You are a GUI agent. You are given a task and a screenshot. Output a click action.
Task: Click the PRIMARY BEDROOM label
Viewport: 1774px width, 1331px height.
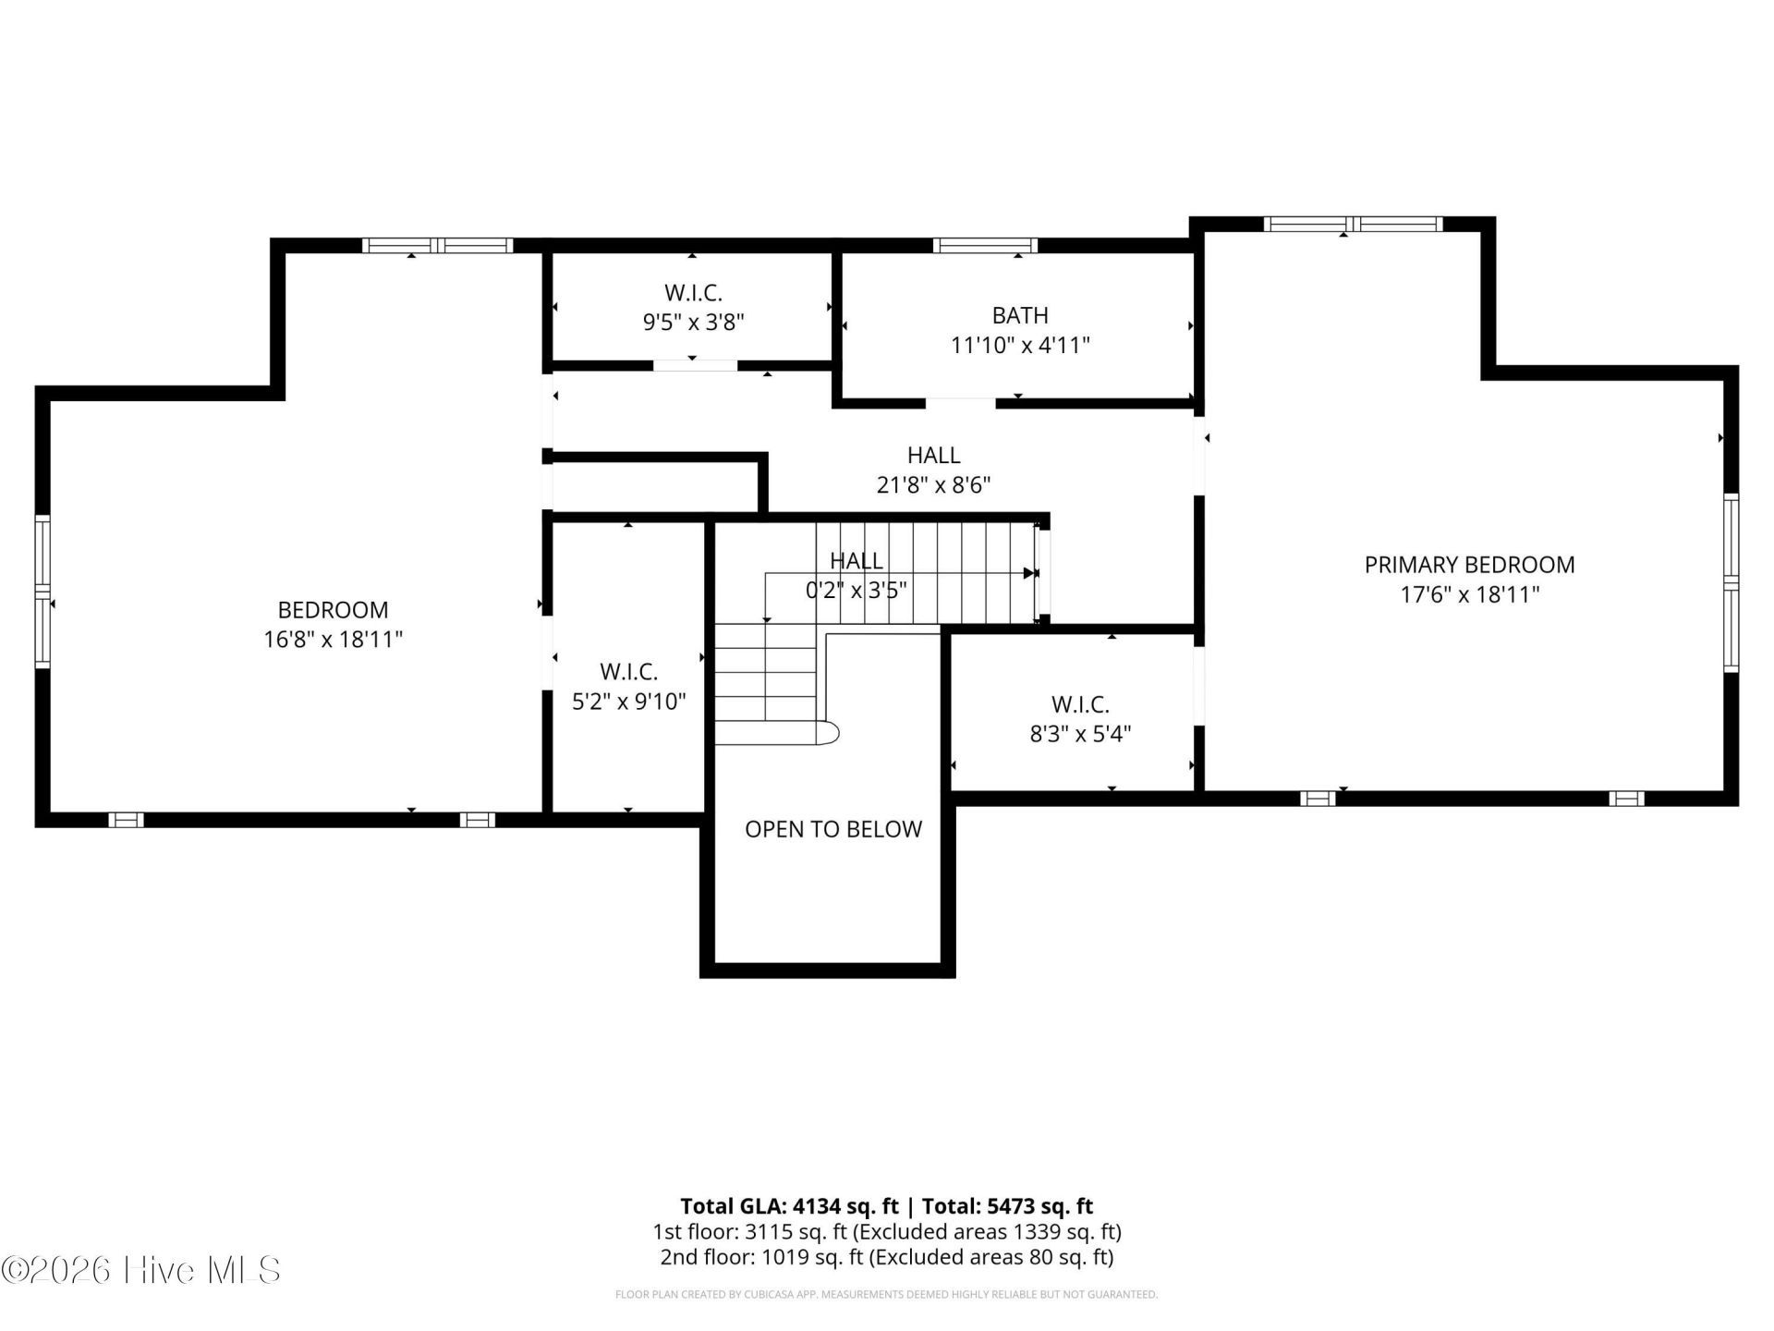pos(1469,565)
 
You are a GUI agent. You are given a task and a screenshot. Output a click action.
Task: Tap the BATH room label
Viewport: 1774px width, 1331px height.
pos(1020,315)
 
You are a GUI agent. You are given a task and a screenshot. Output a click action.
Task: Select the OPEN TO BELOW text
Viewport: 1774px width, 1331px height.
pos(833,829)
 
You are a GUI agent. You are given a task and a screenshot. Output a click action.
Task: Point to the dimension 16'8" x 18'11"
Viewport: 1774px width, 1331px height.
pos(334,640)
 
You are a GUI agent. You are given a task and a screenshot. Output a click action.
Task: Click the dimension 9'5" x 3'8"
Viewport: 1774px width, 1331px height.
pos(694,323)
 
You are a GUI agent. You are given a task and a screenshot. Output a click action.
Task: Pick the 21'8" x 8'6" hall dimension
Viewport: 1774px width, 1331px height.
pos(934,485)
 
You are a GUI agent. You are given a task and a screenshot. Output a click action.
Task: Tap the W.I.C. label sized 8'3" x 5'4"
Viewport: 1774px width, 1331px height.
pos(1080,704)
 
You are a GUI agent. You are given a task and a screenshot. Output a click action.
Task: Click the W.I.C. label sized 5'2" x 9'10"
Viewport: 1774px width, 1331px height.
pos(629,672)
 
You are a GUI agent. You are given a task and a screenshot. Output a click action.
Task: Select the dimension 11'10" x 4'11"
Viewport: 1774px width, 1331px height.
pos(1020,346)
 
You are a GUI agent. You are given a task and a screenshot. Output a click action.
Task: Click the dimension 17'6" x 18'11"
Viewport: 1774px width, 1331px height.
pos(1470,594)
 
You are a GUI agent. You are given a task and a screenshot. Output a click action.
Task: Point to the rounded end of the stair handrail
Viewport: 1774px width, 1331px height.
pos(831,733)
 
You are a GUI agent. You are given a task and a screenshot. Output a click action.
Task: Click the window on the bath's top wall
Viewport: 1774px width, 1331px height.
pos(985,246)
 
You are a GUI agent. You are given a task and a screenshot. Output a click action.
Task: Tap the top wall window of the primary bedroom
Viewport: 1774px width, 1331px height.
pos(1354,224)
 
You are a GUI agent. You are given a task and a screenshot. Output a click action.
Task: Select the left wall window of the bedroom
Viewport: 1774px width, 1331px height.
pos(43,592)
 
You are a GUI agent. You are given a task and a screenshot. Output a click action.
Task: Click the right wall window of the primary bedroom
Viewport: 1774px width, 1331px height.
pos(1731,582)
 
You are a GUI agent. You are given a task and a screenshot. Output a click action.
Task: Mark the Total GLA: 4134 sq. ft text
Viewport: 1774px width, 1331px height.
pos(789,1206)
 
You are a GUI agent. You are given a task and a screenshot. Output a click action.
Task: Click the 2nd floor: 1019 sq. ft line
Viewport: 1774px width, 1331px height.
pos(887,1257)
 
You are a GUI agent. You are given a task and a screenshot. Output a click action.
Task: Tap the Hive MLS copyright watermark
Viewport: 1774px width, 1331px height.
pos(140,1270)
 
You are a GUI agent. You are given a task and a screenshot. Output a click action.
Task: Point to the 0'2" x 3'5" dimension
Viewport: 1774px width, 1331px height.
pos(857,590)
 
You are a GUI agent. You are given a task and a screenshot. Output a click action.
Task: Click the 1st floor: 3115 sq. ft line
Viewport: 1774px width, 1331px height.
pos(887,1232)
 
